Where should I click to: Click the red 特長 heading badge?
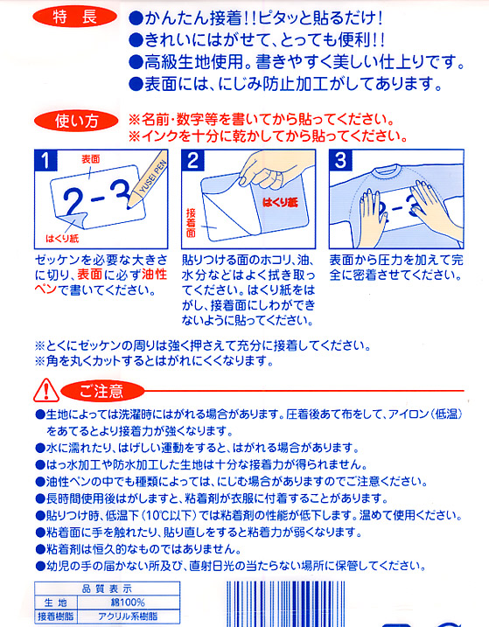tap(74, 17)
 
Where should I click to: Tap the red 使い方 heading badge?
tap(75, 122)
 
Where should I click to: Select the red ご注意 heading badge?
tap(102, 390)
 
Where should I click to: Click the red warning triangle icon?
tap(46, 390)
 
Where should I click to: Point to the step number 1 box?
tap(45, 160)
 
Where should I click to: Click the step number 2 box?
tap(192, 160)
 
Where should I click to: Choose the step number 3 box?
tap(340, 160)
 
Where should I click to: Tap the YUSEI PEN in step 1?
tap(147, 179)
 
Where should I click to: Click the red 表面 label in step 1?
tap(90, 159)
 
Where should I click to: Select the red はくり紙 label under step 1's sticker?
tap(62, 239)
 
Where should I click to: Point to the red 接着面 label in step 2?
tap(191, 223)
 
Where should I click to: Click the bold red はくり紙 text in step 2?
tap(280, 202)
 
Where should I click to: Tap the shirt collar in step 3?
tap(387, 171)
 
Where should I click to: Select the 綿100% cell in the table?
tap(128, 603)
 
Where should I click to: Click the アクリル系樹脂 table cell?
tap(128, 617)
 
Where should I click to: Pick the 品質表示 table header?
tap(107, 589)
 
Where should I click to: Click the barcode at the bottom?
tap(286, 603)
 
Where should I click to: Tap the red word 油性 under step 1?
tap(155, 275)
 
